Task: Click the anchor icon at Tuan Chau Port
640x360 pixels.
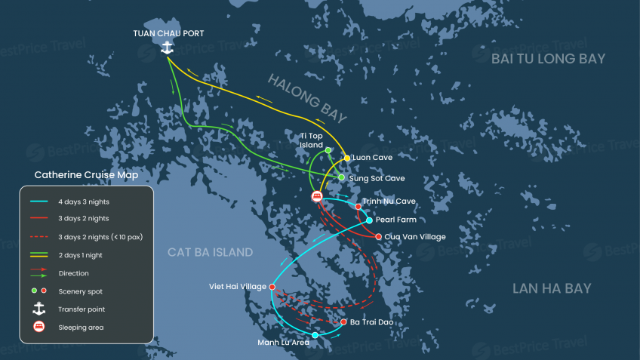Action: pos(167,48)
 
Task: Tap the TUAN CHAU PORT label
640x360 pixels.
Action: pos(168,33)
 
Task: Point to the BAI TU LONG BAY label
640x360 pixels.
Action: pos(548,59)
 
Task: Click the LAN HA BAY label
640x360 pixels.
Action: pos(552,288)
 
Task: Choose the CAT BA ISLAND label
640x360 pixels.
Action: pos(211,252)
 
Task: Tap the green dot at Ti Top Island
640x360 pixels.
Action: pos(328,150)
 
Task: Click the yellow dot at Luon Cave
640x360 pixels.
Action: pos(347,158)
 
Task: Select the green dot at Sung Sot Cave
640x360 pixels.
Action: pos(341,177)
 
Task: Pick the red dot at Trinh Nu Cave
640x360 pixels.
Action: pos(358,206)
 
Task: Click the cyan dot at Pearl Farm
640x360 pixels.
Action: pos(369,220)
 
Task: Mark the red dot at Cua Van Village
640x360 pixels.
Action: pos(378,237)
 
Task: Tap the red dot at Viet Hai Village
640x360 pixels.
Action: pos(272,287)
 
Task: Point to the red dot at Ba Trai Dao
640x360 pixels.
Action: pos(343,322)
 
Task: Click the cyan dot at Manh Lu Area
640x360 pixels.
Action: pos(315,335)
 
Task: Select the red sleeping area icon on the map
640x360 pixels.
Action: pos(318,196)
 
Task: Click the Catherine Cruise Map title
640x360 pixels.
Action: pos(86,175)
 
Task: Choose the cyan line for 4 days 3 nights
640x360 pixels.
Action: pos(39,202)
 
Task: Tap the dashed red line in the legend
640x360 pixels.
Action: pos(39,237)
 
